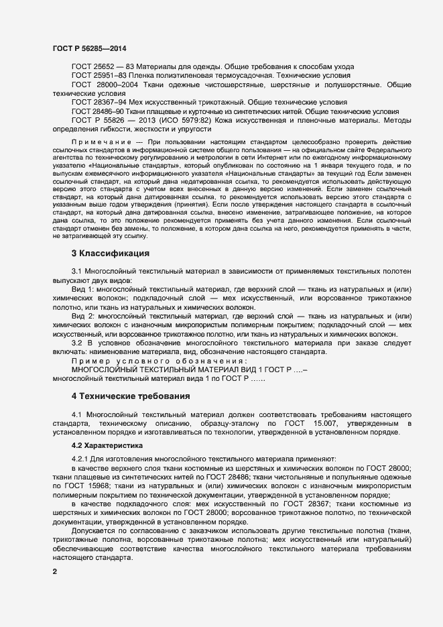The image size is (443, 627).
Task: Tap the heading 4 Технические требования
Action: coord(131,396)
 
